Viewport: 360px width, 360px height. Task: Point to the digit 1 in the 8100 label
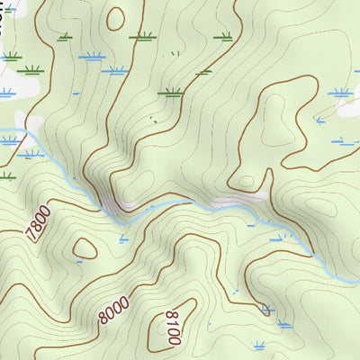(x=170, y=323)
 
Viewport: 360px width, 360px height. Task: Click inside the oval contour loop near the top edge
(x=114, y=17)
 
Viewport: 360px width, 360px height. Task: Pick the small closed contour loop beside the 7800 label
(x=85, y=247)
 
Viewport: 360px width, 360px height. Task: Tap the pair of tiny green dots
(x=154, y=120)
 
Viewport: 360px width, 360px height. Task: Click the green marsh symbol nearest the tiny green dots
(x=169, y=91)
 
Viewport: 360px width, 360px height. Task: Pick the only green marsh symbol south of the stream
(x=7, y=175)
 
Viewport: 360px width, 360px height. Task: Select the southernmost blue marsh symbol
(x=260, y=345)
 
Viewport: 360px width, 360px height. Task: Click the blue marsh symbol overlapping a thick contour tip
(x=266, y=309)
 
